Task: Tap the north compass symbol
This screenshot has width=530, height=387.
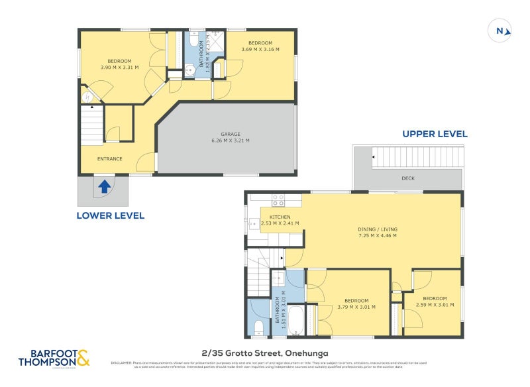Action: [500, 30]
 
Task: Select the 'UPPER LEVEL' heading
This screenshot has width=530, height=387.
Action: [435, 134]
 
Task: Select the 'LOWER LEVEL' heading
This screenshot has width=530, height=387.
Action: [110, 215]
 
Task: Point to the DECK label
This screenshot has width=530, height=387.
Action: [408, 178]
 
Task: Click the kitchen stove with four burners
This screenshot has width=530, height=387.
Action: [278, 198]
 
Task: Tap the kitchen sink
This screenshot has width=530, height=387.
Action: [253, 224]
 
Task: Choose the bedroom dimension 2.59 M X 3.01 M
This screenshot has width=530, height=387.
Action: [435, 306]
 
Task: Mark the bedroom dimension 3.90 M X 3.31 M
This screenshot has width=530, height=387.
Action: [120, 67]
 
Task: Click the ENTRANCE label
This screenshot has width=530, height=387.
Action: [110, 158]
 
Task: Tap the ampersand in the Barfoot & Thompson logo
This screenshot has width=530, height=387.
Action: [82, 359]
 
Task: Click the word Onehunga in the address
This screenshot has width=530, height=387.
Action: [307, 353]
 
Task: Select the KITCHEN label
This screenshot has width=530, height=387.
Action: [280, 217]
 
